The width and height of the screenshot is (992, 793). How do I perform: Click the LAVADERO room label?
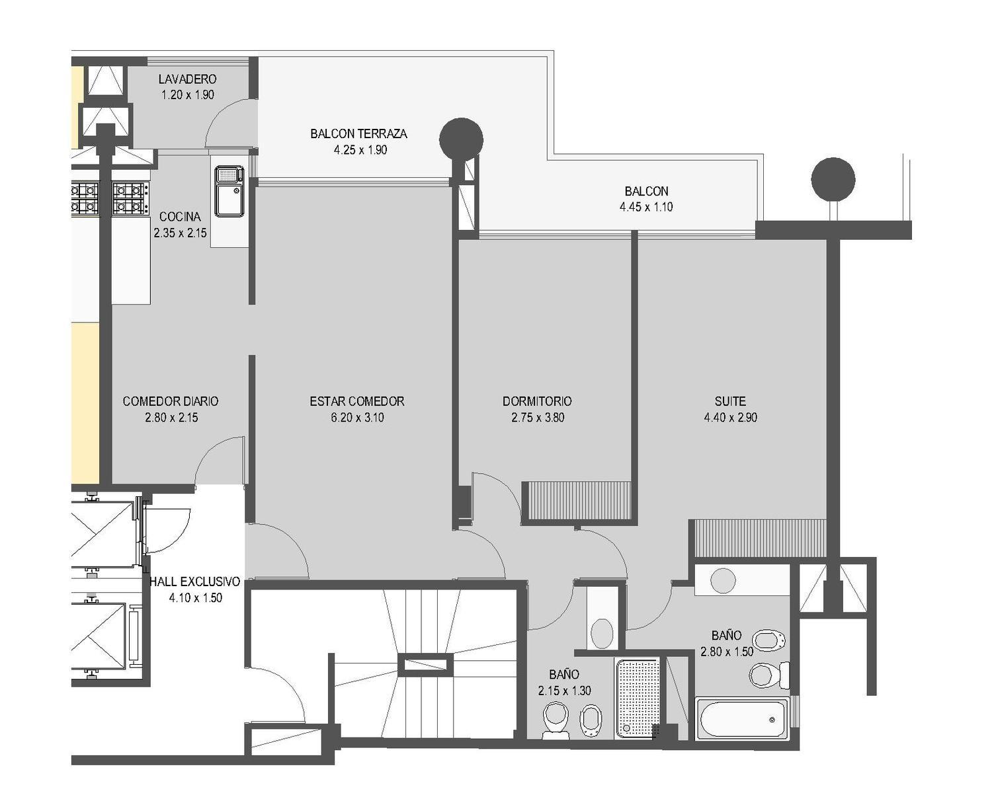[x=187, y=79]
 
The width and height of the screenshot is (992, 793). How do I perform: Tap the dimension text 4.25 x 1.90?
[x=360, y=150]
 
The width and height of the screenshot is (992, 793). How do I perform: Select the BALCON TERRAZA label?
[x=358, y=133]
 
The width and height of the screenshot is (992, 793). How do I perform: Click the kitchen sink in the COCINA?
[x=229, y=191]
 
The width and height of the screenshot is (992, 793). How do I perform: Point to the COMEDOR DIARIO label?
[x=171, y=401]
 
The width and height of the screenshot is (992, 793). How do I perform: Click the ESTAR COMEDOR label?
[x=357, y=401]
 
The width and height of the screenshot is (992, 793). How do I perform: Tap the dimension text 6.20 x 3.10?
[x=357, y=418]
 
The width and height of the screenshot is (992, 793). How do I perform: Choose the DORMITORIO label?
[x=537, y=401]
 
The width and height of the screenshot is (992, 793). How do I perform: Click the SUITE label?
[x=730, y=401]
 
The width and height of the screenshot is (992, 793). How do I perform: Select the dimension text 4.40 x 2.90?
[x=730, y=418]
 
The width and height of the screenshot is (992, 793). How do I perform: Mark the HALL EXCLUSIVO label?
[x=194, y=582]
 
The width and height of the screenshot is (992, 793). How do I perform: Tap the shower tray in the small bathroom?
[x=638, y=699]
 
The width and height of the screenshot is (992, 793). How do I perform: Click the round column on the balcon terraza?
[x=461, y=139]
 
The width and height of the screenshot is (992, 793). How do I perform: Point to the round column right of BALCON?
[x=833, y=179]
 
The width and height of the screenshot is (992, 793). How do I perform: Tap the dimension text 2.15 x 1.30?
[x=564, y=691]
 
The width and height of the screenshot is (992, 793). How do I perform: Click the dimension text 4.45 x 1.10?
[x=646, y=207]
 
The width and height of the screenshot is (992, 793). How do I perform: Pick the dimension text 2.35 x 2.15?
[x=180, y=233]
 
